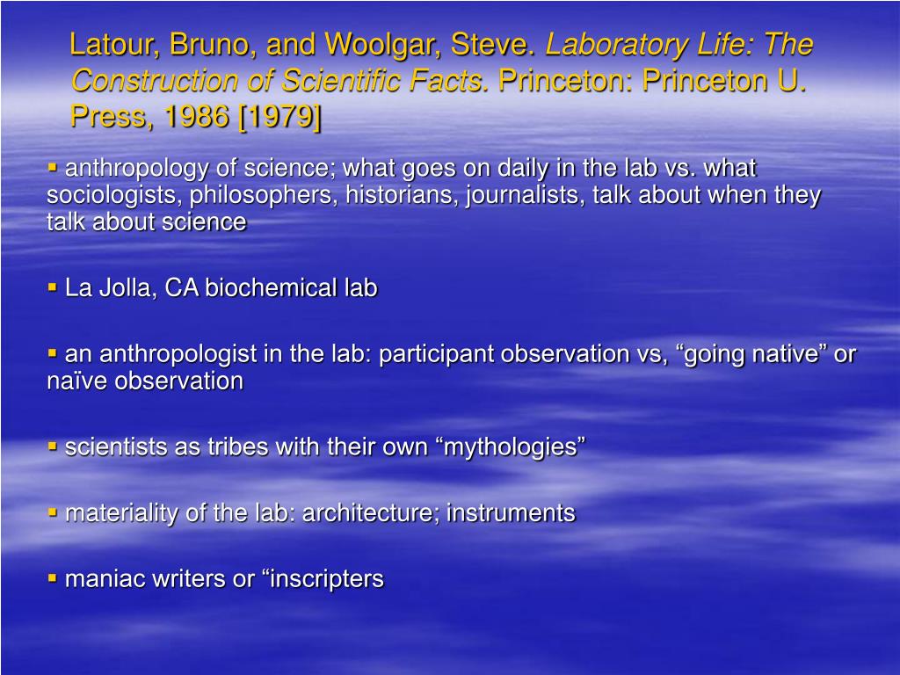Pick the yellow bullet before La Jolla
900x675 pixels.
53,287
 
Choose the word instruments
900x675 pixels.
511,513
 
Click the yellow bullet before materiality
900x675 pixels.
53,512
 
